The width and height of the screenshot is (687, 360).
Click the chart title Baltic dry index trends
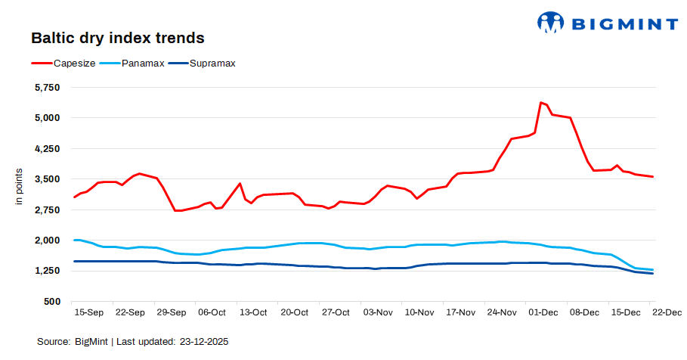tap(117, 37)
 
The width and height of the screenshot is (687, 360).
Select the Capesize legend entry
tap(74, 64)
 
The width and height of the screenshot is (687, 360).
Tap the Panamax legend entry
tap(143, 64)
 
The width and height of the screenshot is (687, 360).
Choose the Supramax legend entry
tap(212, 64)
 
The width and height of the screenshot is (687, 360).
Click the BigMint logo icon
tap(551, 23)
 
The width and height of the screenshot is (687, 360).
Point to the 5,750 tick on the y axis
tap(48, 87)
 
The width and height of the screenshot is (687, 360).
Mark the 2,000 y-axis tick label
tap(48, 241)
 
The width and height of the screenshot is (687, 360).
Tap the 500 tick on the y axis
tap(52, 302)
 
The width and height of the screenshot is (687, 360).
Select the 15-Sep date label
tap(88, 312)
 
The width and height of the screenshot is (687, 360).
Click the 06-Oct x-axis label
tap(212, 312)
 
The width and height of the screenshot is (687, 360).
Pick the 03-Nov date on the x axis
tap(377, 312)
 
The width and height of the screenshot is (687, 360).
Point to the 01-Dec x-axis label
tap(543, 312)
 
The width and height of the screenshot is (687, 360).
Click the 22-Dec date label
tap(667, 312)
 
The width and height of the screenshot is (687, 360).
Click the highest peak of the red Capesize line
tap(540, 102)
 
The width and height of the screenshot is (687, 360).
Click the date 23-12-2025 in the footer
tap(204, 342)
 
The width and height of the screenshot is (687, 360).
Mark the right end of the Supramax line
tap(652, 274)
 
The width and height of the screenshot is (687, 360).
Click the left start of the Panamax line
tap(74, 240)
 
